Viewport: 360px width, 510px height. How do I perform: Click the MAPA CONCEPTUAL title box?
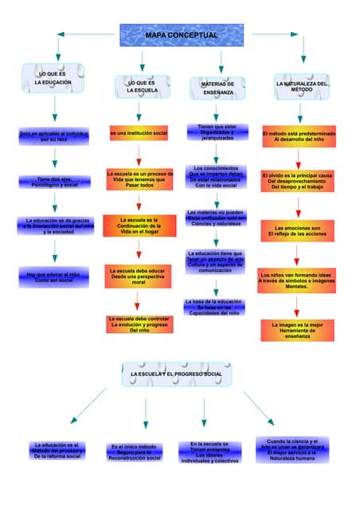181,36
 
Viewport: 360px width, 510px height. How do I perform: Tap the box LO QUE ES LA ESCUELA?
141,87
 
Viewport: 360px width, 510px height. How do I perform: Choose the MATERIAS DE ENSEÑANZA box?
217,88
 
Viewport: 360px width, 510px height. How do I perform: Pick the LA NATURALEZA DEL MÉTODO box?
300,87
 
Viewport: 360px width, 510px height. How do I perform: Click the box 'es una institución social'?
139,132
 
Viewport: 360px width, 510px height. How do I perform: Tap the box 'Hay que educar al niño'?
53,277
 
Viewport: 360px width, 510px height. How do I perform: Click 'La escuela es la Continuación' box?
139,226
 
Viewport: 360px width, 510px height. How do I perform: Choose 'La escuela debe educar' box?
139,277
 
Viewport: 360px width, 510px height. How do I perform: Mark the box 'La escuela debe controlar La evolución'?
139,323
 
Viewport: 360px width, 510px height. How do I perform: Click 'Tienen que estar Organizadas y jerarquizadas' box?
217,131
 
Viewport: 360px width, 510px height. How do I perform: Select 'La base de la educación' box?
213,307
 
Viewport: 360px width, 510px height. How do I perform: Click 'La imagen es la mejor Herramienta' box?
297,331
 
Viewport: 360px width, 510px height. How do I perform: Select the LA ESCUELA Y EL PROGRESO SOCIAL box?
176,374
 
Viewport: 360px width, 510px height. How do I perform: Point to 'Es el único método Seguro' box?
135,452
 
